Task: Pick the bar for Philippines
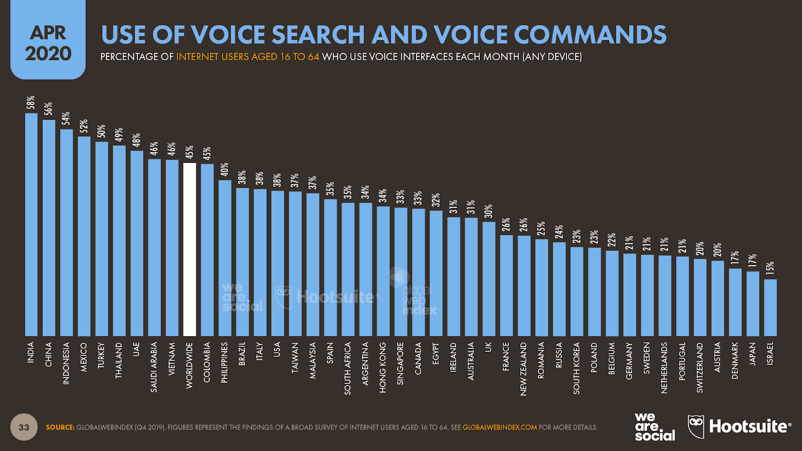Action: (x=225, y=258)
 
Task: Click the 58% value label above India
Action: (x=31, y=102)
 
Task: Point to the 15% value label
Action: (x=770, y=268)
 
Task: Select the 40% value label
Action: (x=225, y=169)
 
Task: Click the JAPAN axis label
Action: (x=752, y=354)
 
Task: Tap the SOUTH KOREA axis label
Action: (x=576, y=368)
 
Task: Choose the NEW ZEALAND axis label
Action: (x=523, y=369)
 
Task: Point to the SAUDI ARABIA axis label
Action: (x=154, y=367)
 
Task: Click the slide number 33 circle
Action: (x=24, y=427)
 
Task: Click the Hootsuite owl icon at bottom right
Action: (x=696, y=426)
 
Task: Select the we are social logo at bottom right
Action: (x=654, y=426)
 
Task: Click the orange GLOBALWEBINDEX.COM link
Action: (x=499, y=427)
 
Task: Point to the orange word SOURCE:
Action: (x=60, y=427)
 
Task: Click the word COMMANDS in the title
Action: (x=590, y=35)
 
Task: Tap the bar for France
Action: (x=506, y=285)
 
